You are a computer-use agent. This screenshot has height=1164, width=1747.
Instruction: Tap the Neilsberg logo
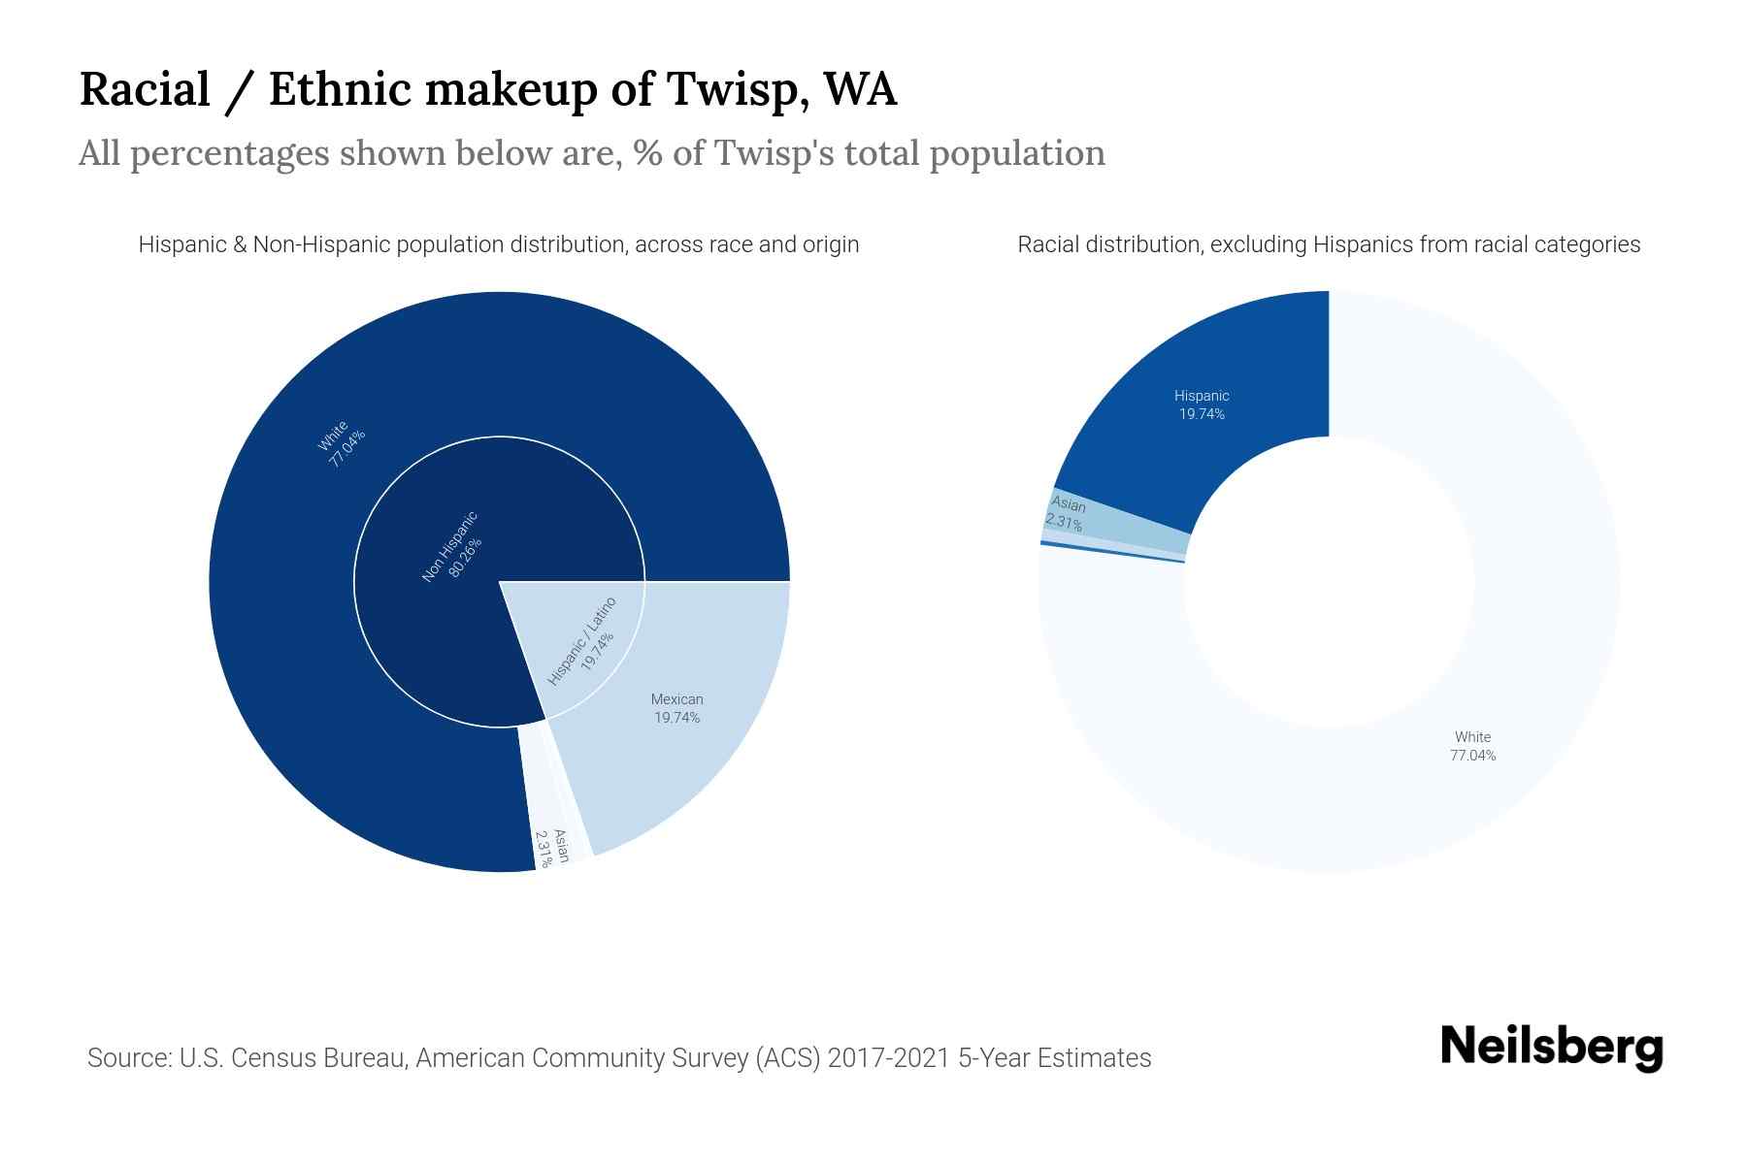[x=1551, y=1048]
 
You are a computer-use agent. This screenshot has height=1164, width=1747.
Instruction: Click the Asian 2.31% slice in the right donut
[x=1116, y=519]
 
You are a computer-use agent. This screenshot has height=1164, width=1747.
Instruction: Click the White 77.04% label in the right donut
[x=1472, y=746]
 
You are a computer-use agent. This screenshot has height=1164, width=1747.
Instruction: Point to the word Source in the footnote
[x=128, y=1057]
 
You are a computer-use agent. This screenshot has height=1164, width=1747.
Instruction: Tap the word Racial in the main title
[x=144, y=89]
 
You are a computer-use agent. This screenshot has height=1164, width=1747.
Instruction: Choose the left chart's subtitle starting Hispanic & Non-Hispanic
[x=498, y=244]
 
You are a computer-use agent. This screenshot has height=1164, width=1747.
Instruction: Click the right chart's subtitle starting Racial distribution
[x=1328, y=244]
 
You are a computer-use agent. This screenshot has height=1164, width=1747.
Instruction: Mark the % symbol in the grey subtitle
[x=647, y=153]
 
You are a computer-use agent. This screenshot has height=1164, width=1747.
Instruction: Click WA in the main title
[x=860, y=89]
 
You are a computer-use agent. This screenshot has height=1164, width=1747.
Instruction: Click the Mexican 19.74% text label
[x=676, y=708]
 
